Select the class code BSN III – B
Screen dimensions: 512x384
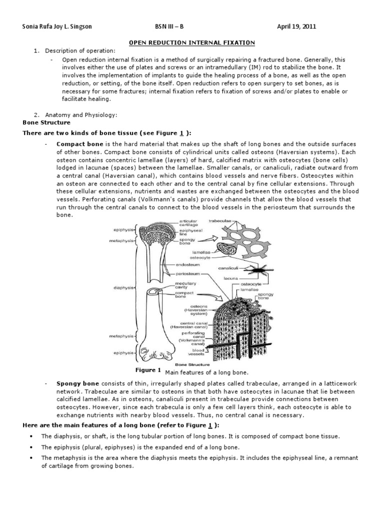click(x=173, y=26)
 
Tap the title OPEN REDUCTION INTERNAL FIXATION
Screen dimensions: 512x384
click(x=192, y=43)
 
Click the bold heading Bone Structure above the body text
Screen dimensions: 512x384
click(x=46, y=122)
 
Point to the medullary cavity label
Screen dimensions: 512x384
click(x=181, y=285)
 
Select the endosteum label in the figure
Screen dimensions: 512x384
click(x=188, y=265)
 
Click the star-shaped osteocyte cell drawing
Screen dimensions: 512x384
click(x=257, y=271)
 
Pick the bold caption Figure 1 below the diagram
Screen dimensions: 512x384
click(x=148, y=371)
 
